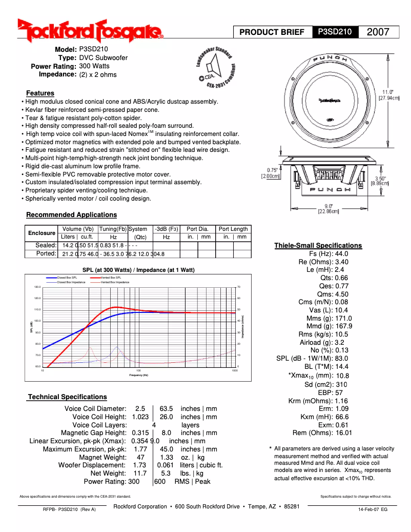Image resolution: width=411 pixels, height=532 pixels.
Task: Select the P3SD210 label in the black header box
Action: click(335, 32)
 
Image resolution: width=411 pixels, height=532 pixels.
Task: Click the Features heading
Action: click(40, 93)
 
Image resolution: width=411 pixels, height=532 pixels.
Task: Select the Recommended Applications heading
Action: click(71, 214)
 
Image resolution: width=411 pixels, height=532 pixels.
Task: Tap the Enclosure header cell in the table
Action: click(42, 233)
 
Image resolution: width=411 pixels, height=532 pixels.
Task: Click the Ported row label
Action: click(46, 253)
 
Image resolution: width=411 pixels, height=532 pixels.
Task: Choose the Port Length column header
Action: click(233, 229)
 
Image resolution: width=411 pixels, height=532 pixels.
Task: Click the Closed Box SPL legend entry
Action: click(67, 277)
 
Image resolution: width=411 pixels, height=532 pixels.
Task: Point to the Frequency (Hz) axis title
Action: click(138, 375)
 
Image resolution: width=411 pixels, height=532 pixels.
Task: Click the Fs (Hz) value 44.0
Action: click(341, 254)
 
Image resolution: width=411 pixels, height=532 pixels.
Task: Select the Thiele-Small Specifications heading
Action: click(318, 245)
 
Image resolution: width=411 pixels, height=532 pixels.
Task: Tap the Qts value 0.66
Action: click(341, 278)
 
